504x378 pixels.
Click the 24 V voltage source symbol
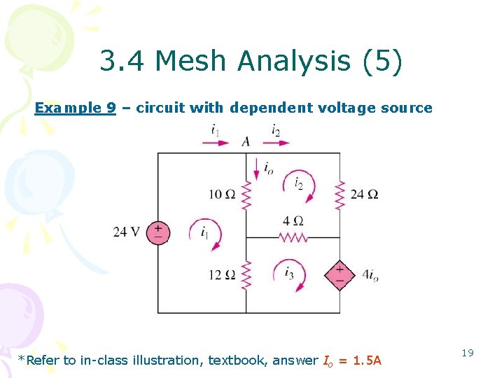coord(158,232)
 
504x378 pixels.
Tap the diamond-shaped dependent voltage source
coord(339,275)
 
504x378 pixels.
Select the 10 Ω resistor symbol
coord(246,194)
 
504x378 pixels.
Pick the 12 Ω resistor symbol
coord(246,274)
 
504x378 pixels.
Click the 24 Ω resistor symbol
coord(340,194)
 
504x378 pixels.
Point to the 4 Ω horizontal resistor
coord(293,237)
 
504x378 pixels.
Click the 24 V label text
coord(127,232)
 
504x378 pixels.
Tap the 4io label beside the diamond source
coord(370,276)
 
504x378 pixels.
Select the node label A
coord(246,141)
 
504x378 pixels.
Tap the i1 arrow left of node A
coord(216,142)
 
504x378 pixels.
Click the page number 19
coord(467,353)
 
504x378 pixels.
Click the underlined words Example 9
coord(76,108)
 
